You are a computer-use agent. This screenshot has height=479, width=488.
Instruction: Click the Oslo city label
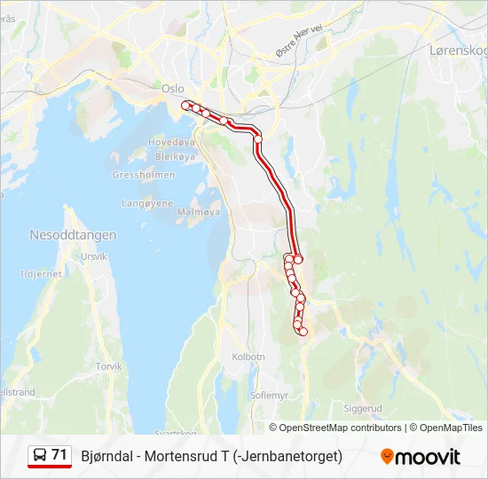[172, 88]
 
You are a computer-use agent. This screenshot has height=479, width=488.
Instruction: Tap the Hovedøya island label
[170, 142]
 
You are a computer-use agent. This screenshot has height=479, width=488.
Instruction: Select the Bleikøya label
[174, 156]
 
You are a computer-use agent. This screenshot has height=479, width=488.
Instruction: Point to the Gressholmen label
[143, 175]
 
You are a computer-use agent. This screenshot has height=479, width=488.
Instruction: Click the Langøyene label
[147, 203]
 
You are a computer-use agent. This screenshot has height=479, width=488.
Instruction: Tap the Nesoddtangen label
[73, 235]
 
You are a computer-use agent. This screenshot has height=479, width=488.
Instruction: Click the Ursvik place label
[93, 256]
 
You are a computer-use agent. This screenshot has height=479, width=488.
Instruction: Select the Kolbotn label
[248, 357]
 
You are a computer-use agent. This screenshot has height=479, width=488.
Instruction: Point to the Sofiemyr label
[270, 395]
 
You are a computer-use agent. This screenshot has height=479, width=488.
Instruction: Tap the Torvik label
[108, 365]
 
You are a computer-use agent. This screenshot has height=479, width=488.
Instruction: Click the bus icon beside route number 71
[40, 456]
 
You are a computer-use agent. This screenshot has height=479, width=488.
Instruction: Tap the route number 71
[59, 455]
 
